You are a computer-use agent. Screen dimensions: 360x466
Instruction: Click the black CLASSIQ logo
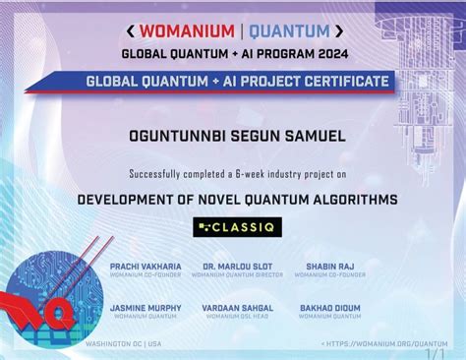coord(232,228)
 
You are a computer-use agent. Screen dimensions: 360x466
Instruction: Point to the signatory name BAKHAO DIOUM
coord(329,308)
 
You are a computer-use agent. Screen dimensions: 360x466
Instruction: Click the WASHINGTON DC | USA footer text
coord(123,342)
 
